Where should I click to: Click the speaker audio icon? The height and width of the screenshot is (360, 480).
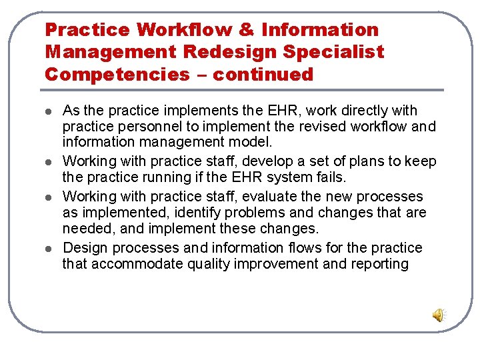click(439, 315)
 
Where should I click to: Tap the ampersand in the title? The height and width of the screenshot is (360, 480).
click(247, 30)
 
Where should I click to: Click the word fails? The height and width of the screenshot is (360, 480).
click(331, 178)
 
